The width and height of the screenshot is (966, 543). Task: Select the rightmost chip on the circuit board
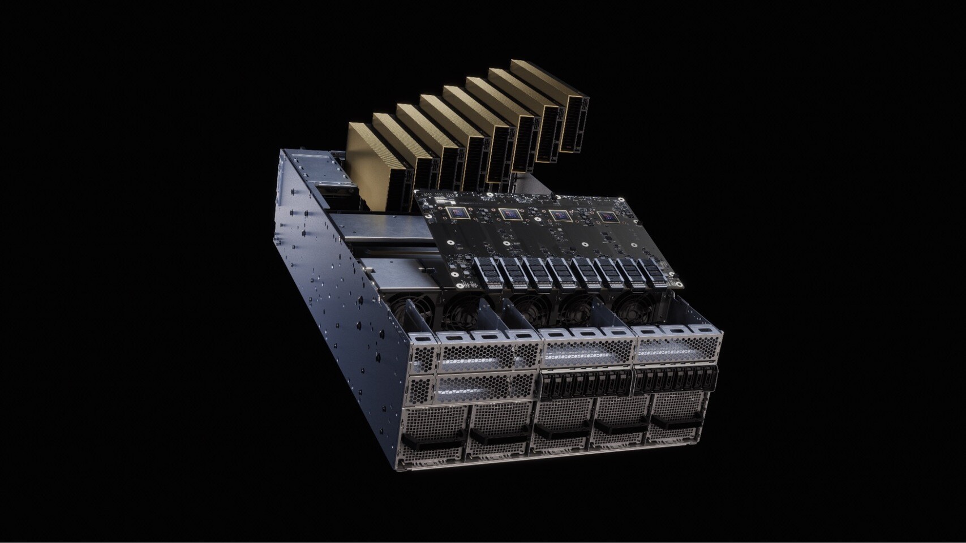pyautogui.click(x=607, y=217)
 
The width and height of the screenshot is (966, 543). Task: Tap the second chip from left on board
pyautogui.click(x=509, y=214)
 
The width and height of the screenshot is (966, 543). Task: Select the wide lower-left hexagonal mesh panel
pyautogui.click(x=487, y=387)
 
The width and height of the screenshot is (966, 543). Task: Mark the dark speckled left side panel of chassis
pyautogui.click(x=328, y=283)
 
